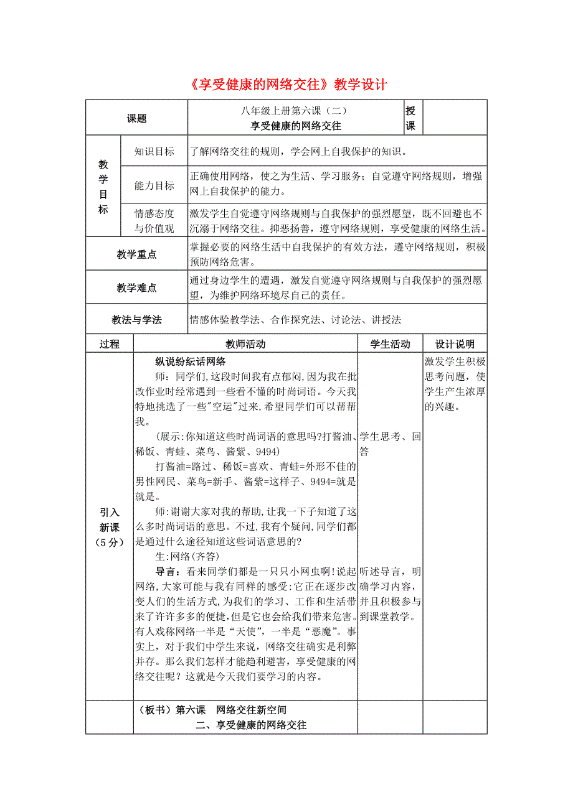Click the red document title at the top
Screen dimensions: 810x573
pyautogui.click(x=286, y=85)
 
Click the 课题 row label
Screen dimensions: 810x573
pyautogui.click(x=136, y=118)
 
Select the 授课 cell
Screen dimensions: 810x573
pyautogui.click(x=411, y=118)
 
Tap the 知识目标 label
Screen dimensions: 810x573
pyautogui.click(x=154, y=151)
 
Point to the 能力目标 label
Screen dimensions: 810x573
pyautogui.click(x=154, y=185)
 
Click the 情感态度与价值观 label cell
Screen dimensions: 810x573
pyautogui.click(x=154, y=221)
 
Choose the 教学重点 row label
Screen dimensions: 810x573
pyautogui.click(x=136, y=254)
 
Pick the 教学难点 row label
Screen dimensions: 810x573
pyautogui.click(x=136, y=288)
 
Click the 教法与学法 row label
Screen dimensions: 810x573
pyautogui.click(x=136, y=320)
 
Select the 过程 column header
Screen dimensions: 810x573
pyautogui.click(x=110, y=344)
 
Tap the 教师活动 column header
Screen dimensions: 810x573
pyautogui.click(x=245, y=344)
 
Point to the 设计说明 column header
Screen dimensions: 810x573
pyautogui.click(x=455, y=344)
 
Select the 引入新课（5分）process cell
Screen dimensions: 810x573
pyautogui.click(x=110, y=526)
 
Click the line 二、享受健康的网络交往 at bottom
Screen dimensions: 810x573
pyautogui.click(x=251, y=725)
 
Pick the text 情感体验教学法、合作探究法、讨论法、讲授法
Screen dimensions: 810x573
pyautogui.click(x=295, y=320)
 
